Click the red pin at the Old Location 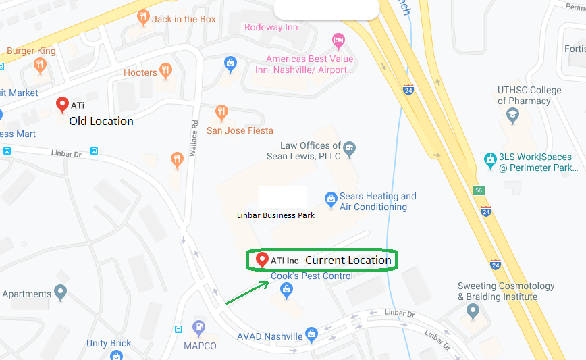(63, 105)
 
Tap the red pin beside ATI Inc (262, 260)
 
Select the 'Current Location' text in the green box (348, 260)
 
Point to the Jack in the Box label (184, 19)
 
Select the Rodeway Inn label (271, 27)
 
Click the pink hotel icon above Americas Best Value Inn (338, 42)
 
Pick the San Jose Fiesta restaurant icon (221, 113)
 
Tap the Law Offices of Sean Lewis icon (349, 149)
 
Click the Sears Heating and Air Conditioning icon (331, 199)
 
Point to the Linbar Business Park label (275, 215)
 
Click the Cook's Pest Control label (312, 276)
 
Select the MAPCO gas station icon (198, 328)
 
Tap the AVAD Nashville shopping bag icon (311, 334)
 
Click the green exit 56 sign (479, 190)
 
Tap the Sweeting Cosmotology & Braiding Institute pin (473, 311)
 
